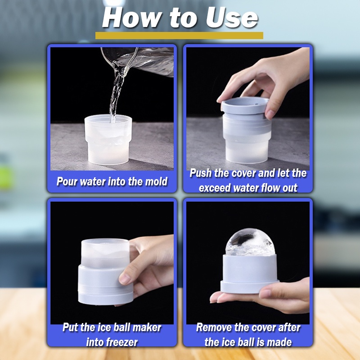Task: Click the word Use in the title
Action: [232, 18]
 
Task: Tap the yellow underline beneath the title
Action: [179, 36]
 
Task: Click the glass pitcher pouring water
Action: [138, 61]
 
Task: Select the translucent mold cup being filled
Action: [108, 139]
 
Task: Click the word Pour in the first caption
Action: [67, 181]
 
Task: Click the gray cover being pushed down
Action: [245, 106]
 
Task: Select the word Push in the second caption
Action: [200, 173]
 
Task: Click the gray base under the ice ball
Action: [250, 273]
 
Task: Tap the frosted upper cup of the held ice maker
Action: [105, 253]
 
